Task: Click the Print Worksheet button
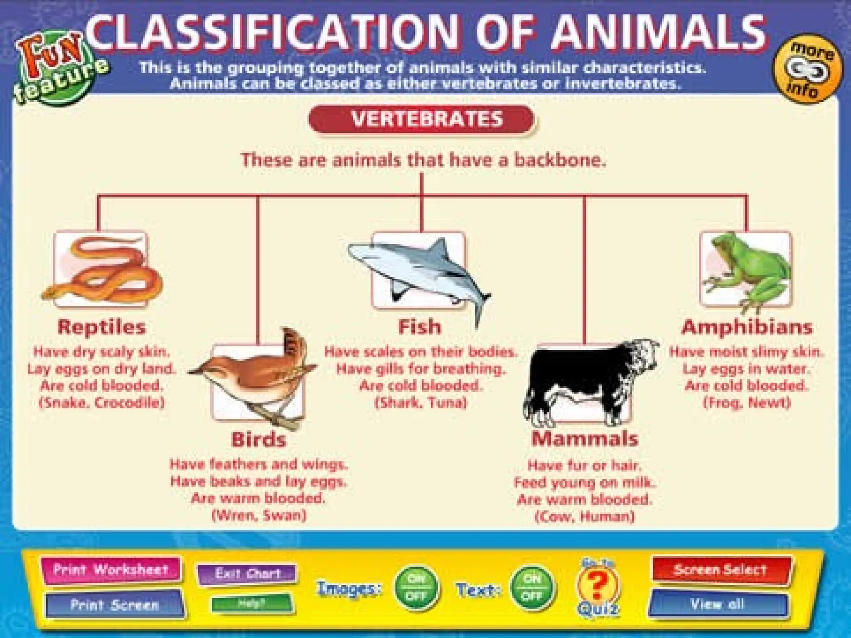coord(111,569)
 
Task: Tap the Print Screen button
coord(114,604)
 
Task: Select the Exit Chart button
coord(248,574)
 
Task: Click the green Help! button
coord(251,603)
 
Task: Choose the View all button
coord(718,604)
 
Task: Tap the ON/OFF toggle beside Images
coord(416,587)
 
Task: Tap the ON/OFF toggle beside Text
coord(532,587)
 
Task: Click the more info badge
coord(807,69)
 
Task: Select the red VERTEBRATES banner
coord(421,119)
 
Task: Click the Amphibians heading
coord(747,327)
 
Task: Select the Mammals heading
coord(585,439)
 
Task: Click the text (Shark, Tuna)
coord(421,402)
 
